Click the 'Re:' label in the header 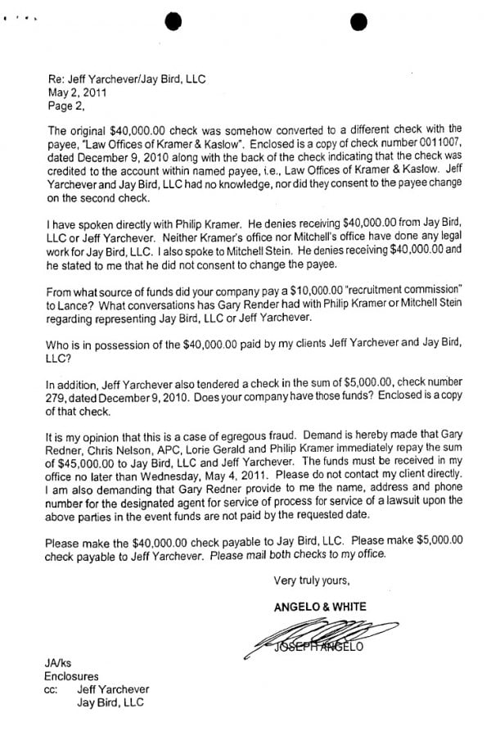tap(56, 79)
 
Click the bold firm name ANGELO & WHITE tap(321, 607)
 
